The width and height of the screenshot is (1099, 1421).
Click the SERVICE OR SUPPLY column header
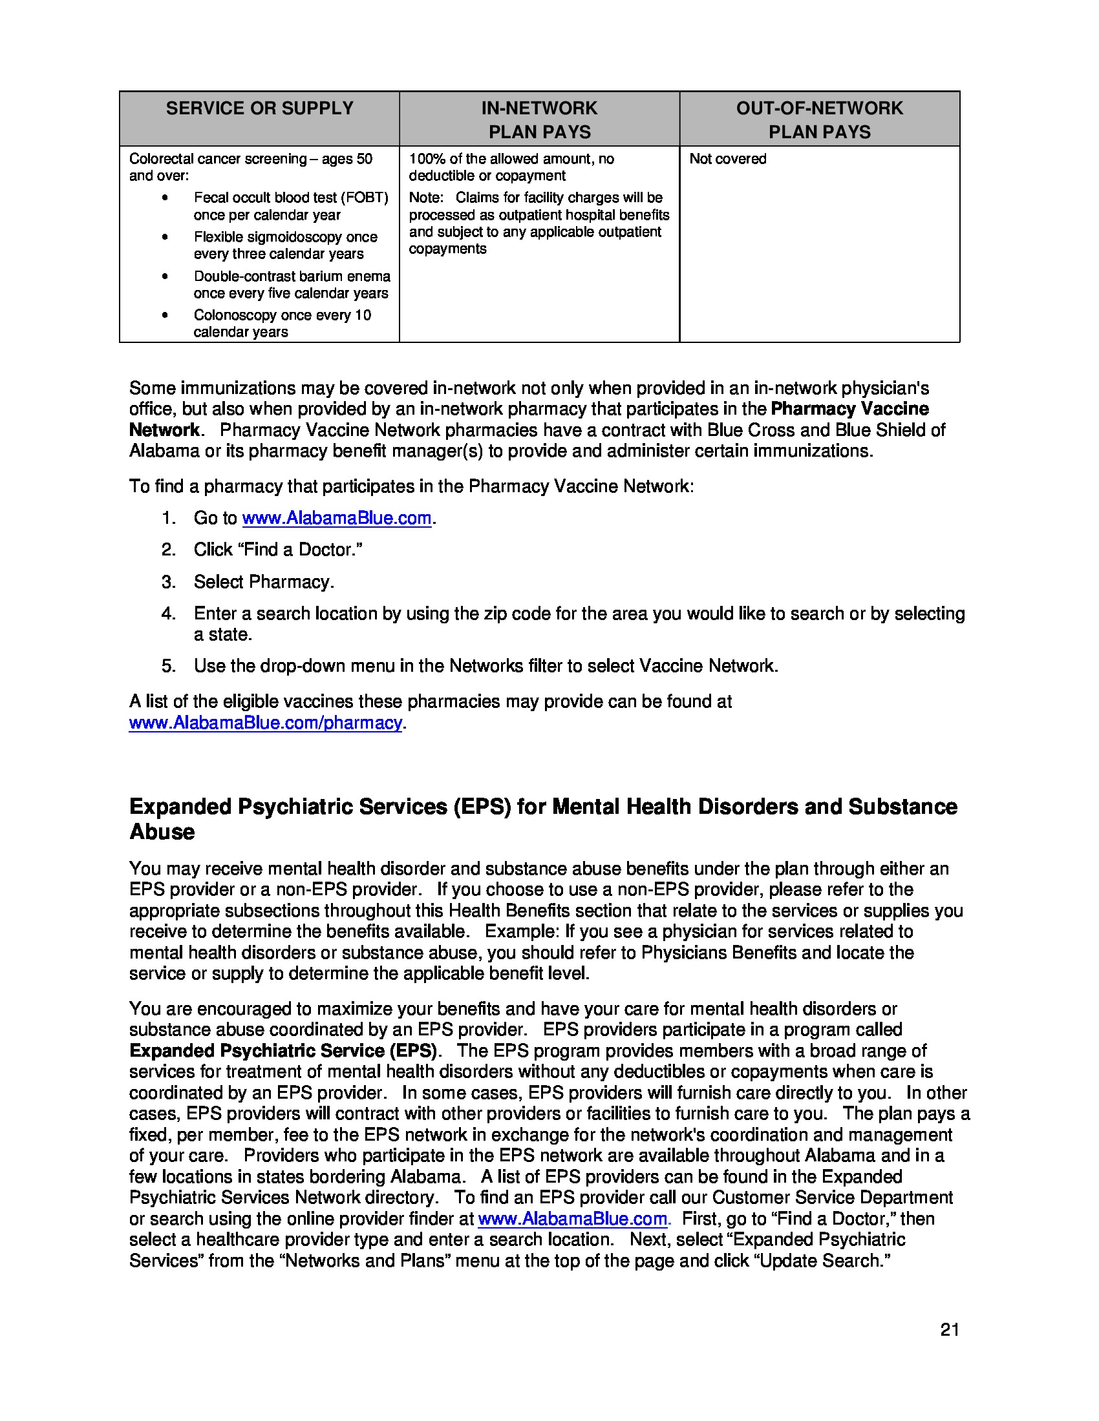click(x=259, y=108)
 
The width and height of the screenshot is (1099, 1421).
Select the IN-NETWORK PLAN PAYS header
click(x=539, y=119)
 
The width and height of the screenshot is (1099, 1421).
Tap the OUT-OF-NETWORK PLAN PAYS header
click(x=819, y=119)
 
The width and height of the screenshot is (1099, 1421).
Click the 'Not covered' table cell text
click(x=727, y=159)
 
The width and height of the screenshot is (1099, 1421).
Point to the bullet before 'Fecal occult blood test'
click(x=165, y=198)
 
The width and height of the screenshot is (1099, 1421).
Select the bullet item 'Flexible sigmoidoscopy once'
click(x=285, y=237)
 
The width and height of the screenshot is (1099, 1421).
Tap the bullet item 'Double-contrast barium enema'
click(x=292, y=276)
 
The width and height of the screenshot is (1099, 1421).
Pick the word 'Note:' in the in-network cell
click(x=426, y=198)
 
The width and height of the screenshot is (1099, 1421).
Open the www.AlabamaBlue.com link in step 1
click(x=337, y=518)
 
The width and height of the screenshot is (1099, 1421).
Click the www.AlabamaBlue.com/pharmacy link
click(x=266, y=723)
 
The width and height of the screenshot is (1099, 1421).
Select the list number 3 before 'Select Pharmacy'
click(x=168, y=582)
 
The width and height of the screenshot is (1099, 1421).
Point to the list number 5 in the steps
click(x=168, y=665)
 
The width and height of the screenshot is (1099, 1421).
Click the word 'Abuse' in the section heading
click(x=162, y=832)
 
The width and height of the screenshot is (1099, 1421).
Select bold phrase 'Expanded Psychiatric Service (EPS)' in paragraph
click(x=283, y=1051)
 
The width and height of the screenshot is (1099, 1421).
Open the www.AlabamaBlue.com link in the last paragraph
click(x=572, y=1219)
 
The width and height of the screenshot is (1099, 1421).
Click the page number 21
click(x=949, y=1330)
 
